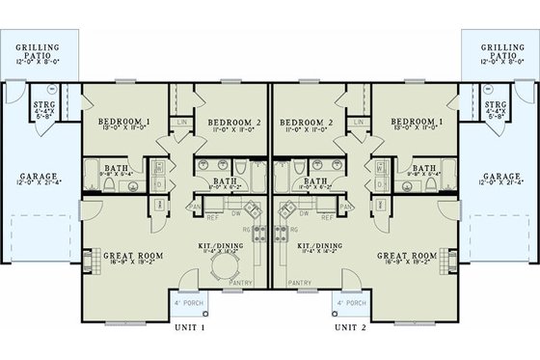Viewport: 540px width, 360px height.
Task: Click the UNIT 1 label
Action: pyautogui.click(x=188, y=328)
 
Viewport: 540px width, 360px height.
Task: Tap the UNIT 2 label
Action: pyautogui.click(x=351, y=328)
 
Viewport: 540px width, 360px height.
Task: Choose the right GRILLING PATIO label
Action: pyautogui.click(x=500, y=50)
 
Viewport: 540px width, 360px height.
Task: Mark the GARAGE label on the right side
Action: pyautogui.click(x=501, y=177)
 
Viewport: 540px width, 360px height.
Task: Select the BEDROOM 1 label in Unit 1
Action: pyautogui.click(x=123, y=122)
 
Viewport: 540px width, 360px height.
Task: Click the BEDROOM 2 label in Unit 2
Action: pyautogui.click(x=304, y=122)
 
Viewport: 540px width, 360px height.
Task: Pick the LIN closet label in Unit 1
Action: pyautogui.click(x=183, y=122)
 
